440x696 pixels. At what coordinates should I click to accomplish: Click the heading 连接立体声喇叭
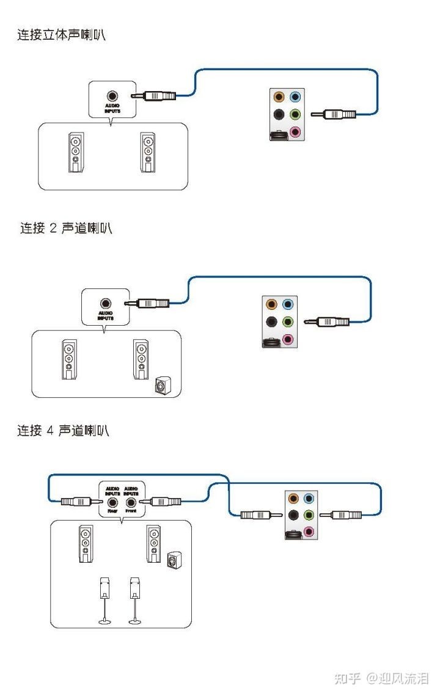coord(61,35)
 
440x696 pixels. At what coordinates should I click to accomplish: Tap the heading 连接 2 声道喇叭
coord(66,229)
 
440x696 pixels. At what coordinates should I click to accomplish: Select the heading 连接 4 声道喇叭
coord(63,431)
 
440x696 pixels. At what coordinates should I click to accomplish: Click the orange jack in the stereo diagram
coord(279,97)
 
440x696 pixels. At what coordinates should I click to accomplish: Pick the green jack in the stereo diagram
coord(295,114)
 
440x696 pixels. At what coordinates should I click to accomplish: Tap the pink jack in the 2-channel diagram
coord(288,340)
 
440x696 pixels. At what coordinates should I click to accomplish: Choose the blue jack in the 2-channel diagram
coord(288,304)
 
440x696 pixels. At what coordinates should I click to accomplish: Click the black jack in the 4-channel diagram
coord(294,515)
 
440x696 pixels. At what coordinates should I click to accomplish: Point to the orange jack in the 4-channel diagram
coord(294,498)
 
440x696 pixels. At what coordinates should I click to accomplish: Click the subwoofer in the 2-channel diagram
coord(163,386)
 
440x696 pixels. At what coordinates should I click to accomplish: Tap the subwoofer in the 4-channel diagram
coord(174,559)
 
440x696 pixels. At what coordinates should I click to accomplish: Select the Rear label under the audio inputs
coord(112,510)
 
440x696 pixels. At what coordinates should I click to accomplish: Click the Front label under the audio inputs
coord(130,510)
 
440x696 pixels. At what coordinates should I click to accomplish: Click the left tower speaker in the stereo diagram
coord(75,152)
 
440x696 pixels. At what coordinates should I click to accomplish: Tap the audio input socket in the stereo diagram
coord(112,96)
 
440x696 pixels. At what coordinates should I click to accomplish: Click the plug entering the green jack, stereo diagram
coord(334,114)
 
